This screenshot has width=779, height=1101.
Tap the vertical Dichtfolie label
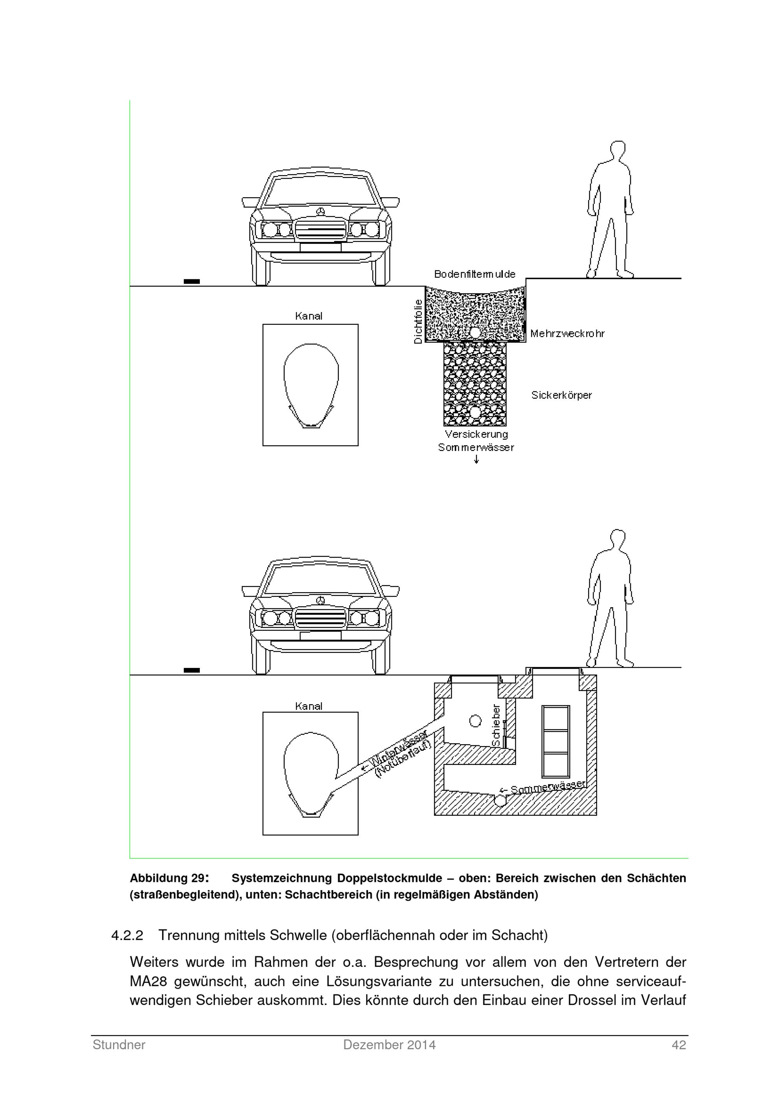tap(418, 321)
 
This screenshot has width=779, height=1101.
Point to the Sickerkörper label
tap(561, 395)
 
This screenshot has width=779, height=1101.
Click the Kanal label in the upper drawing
tap(308, 316)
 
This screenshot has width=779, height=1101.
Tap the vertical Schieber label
tap(496, 725)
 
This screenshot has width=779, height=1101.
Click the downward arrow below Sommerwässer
tap(476, 459)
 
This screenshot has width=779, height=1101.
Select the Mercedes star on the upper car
tap(321, 212)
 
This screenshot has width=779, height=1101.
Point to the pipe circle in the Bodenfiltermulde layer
tap(475, 332)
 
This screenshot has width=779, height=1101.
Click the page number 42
tap(679, 1045)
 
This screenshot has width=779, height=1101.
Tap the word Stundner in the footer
tap(119, 1045)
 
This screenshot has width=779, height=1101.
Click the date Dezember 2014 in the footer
tap(389, 1045)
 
